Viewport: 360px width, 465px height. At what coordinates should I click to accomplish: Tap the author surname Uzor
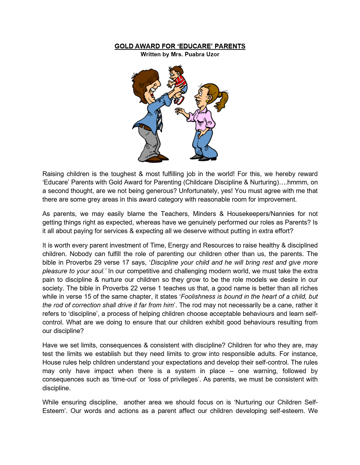pos(212,54)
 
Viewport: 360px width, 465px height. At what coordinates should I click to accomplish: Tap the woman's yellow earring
pos(207,101)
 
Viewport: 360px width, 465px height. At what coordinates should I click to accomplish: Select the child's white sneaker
pos(180,100)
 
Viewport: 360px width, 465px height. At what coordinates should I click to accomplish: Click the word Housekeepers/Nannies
pos(260,214)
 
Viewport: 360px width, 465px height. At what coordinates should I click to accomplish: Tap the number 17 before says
pos(126,262)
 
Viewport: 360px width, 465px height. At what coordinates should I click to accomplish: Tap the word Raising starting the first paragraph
pos(53,174)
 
